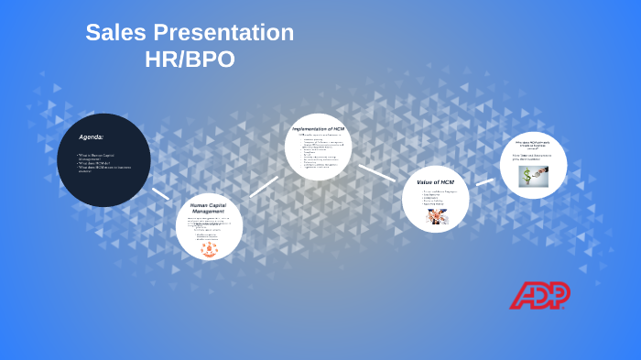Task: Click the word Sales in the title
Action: tap(113, 33)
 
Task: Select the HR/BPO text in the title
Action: tap(190, 60)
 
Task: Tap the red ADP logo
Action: tap(539, 295)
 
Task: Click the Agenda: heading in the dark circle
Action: tap(92, 136)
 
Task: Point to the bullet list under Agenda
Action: tap(103, 163)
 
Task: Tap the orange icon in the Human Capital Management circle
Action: tap(210, 247)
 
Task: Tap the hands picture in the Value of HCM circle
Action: tap(435, 216)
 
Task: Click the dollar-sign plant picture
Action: tap(533, 175)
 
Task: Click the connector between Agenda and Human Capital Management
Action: tap(161, 193)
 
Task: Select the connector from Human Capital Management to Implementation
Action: tap(264, 186)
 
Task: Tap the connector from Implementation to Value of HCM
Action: tap(376, 172)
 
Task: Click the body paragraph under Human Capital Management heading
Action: tap(209, 224)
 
